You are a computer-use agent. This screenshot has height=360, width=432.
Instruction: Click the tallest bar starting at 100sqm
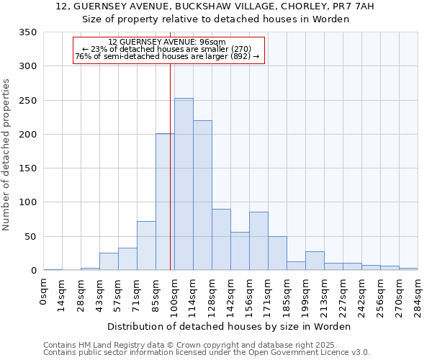[184, 184]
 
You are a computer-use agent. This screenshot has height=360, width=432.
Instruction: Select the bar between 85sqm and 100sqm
[165, 202]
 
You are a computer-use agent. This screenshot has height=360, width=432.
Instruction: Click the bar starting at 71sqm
[146, 246]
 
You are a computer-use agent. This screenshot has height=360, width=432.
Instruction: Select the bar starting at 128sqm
[221, 240]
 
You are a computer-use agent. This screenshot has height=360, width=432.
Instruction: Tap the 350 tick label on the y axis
[27, 32]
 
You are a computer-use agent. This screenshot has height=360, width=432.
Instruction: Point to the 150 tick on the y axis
[27, 168]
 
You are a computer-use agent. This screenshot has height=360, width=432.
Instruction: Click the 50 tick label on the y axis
[30, 236]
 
